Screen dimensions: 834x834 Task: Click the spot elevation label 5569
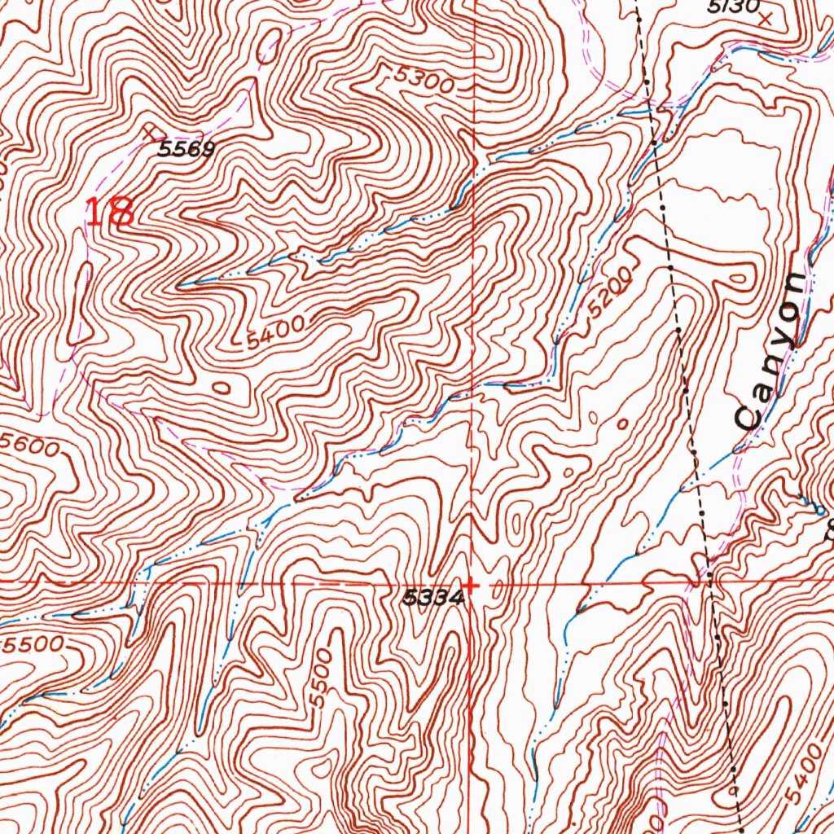tap(187, 149)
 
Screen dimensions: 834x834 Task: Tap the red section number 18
tap(110, 213)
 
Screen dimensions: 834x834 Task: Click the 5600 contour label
tap(30, 446)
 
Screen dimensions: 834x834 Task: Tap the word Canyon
tap(770, 350)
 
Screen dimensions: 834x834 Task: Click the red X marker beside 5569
tap(150, 130)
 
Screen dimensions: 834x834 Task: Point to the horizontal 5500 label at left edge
tap(33, 644)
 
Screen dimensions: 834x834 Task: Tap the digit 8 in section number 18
tap(122, 213)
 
